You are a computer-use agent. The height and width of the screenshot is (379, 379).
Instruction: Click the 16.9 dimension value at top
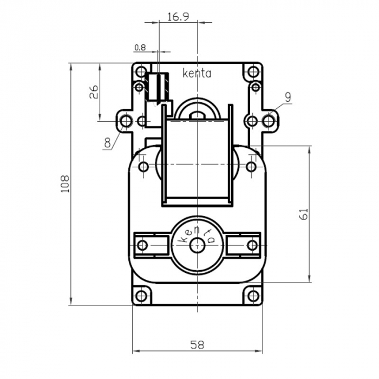[x=178, y=16]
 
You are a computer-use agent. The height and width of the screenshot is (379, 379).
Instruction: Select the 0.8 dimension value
[x=140, y=48]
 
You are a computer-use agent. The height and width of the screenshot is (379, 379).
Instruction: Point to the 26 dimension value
[x=93, y=91]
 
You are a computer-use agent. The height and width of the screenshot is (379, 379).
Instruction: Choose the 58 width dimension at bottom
[x=198, y=345]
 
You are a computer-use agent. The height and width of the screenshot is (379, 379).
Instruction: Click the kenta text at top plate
[x=197, y=73]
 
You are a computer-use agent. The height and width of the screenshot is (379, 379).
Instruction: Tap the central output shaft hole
[x=197, y=245]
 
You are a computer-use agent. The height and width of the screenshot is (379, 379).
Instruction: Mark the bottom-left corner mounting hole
[x=142, y=296]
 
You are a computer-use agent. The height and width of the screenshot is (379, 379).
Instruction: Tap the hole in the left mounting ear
[x=126, y=120]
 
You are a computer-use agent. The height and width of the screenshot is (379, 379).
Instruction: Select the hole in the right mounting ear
[x=269, y=120]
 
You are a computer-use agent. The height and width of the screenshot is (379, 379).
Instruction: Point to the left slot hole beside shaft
[x=142, y=245]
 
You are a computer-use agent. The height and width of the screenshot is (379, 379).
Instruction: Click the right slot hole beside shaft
[x=252, y=245]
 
